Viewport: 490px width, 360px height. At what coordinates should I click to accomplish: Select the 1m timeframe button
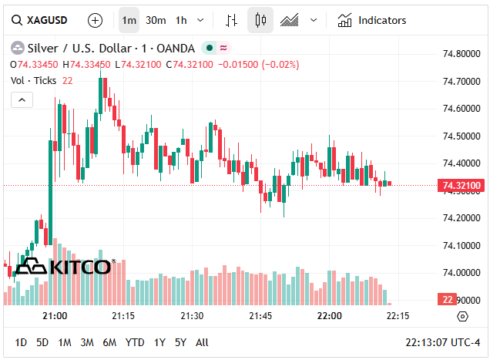click(129, 20)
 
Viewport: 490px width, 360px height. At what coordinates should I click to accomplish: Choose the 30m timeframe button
click(156, 20)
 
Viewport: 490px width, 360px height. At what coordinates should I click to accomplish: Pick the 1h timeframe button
click(181, 20)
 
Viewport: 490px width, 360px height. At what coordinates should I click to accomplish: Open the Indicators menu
click(372, 20)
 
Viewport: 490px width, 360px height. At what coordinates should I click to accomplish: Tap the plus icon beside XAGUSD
click(95, 20)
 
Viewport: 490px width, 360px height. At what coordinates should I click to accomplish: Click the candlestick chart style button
click(260, 20)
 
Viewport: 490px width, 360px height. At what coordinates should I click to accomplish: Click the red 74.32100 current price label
click(461, 186)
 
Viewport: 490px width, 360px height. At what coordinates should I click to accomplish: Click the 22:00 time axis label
click(329, 316)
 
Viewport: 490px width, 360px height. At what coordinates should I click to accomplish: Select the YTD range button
click(135, 342)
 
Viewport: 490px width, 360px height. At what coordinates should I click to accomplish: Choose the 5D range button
click(42, 342)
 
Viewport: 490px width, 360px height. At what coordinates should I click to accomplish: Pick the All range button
click(202, 342)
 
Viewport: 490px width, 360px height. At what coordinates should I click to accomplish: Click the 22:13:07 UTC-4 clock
click(443, 342)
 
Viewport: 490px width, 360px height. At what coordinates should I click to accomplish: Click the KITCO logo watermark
click(65, 266)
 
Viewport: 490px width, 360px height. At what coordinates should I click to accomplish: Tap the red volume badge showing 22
click(448, 299)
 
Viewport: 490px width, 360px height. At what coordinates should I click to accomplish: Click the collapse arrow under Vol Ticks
click(22, 99)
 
